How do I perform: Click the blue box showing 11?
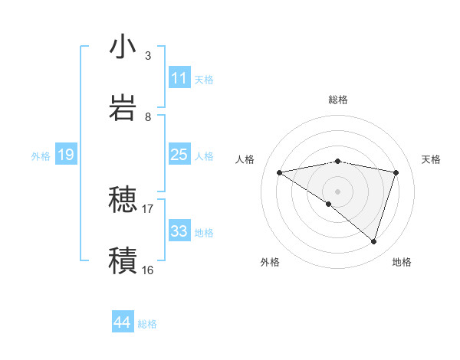[x=179, y=78]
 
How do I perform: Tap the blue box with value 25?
[x=179, y=155]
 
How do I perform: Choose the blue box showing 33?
[x=179, y=231]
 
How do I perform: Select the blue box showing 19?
[x=65, y=155]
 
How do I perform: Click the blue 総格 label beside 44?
[x=147, y=324]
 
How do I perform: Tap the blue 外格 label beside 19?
[x=41, y=155]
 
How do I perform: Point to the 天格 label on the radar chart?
[x=432, y=159]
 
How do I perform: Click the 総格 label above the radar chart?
[x=338, y=100]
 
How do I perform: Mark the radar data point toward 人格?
[x=280, y=172]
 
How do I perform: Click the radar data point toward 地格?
[x=373, y=241]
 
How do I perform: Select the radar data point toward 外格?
[x=329, y=204]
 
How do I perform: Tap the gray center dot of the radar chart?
[x=338, y=191]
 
